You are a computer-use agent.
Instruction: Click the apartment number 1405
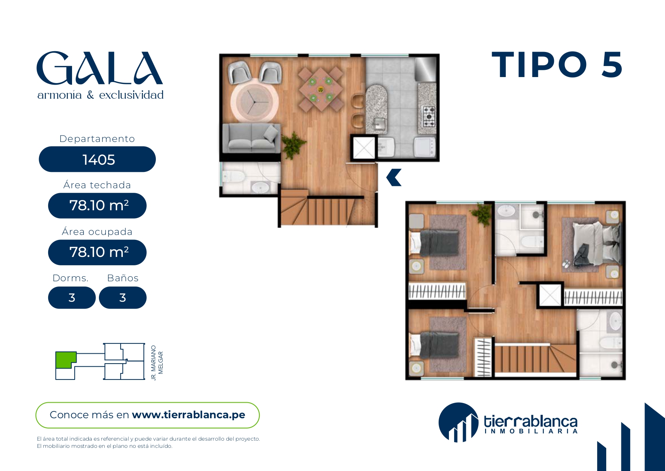[x=99, y=160]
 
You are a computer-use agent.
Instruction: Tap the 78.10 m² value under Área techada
[x=99, y=205]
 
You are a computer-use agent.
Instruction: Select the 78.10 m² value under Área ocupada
[x=99, y=252]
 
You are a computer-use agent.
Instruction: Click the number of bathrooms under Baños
[x=122, y=298]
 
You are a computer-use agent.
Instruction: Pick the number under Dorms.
[x=72, y=298]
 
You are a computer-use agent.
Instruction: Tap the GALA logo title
[x=100, y=68]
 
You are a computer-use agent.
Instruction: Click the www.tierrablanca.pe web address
[x=188, y=415]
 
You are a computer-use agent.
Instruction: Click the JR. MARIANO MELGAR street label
[x=157, y=362]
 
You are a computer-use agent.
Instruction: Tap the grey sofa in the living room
[x=251, y=137]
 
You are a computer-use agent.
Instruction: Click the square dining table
[x=320, y=90]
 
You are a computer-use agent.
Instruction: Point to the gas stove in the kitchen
[x=429, y=117]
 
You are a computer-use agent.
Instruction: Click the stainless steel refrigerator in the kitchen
[x=426, y=69]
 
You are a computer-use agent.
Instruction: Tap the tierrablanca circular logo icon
[x=458, y=422]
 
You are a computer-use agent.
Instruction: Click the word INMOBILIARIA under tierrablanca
[x=531, y=431]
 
